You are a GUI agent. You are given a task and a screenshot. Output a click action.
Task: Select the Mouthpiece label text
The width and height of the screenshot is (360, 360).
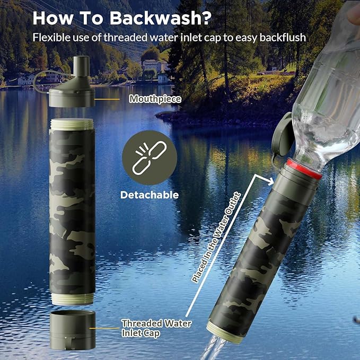click(155, 99)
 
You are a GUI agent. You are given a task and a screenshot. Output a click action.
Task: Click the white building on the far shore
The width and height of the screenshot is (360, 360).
click(152, 66)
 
